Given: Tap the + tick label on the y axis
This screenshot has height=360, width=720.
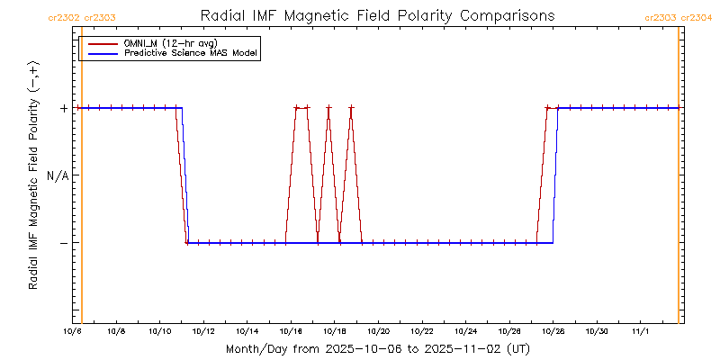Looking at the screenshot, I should (x=64, y=108).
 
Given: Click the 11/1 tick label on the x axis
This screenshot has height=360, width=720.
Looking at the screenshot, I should (x=640, y=332).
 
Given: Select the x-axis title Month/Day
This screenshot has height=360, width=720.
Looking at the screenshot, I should (x=377, y=348).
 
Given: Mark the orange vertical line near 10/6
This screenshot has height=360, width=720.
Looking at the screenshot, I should (x=82, y=180).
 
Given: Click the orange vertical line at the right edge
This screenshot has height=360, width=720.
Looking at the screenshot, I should (x=679, y=180).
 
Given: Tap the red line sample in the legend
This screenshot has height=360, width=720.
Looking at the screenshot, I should (x=101, y=43).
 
